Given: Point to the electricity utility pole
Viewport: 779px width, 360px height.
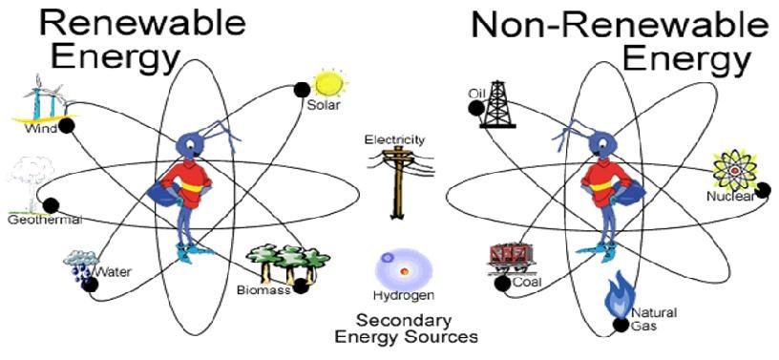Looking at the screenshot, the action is [x=392, y=180].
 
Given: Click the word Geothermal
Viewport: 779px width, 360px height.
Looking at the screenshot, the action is [x=44, y=221].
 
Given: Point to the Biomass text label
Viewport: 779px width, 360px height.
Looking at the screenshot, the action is [x=263, y=290].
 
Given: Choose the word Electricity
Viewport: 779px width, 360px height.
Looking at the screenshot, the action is [x=394, y=139].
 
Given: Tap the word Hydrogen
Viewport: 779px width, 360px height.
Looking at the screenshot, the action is [x=400, y=295].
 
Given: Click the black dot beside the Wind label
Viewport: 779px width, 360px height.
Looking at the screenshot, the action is [x=68, y=125].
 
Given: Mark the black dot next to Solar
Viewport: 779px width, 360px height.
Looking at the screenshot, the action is [x=302, y=90].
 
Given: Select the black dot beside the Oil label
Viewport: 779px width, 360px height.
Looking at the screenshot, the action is [x=474, y=108].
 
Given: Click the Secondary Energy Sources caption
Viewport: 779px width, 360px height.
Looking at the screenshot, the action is [x=406, y=328].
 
